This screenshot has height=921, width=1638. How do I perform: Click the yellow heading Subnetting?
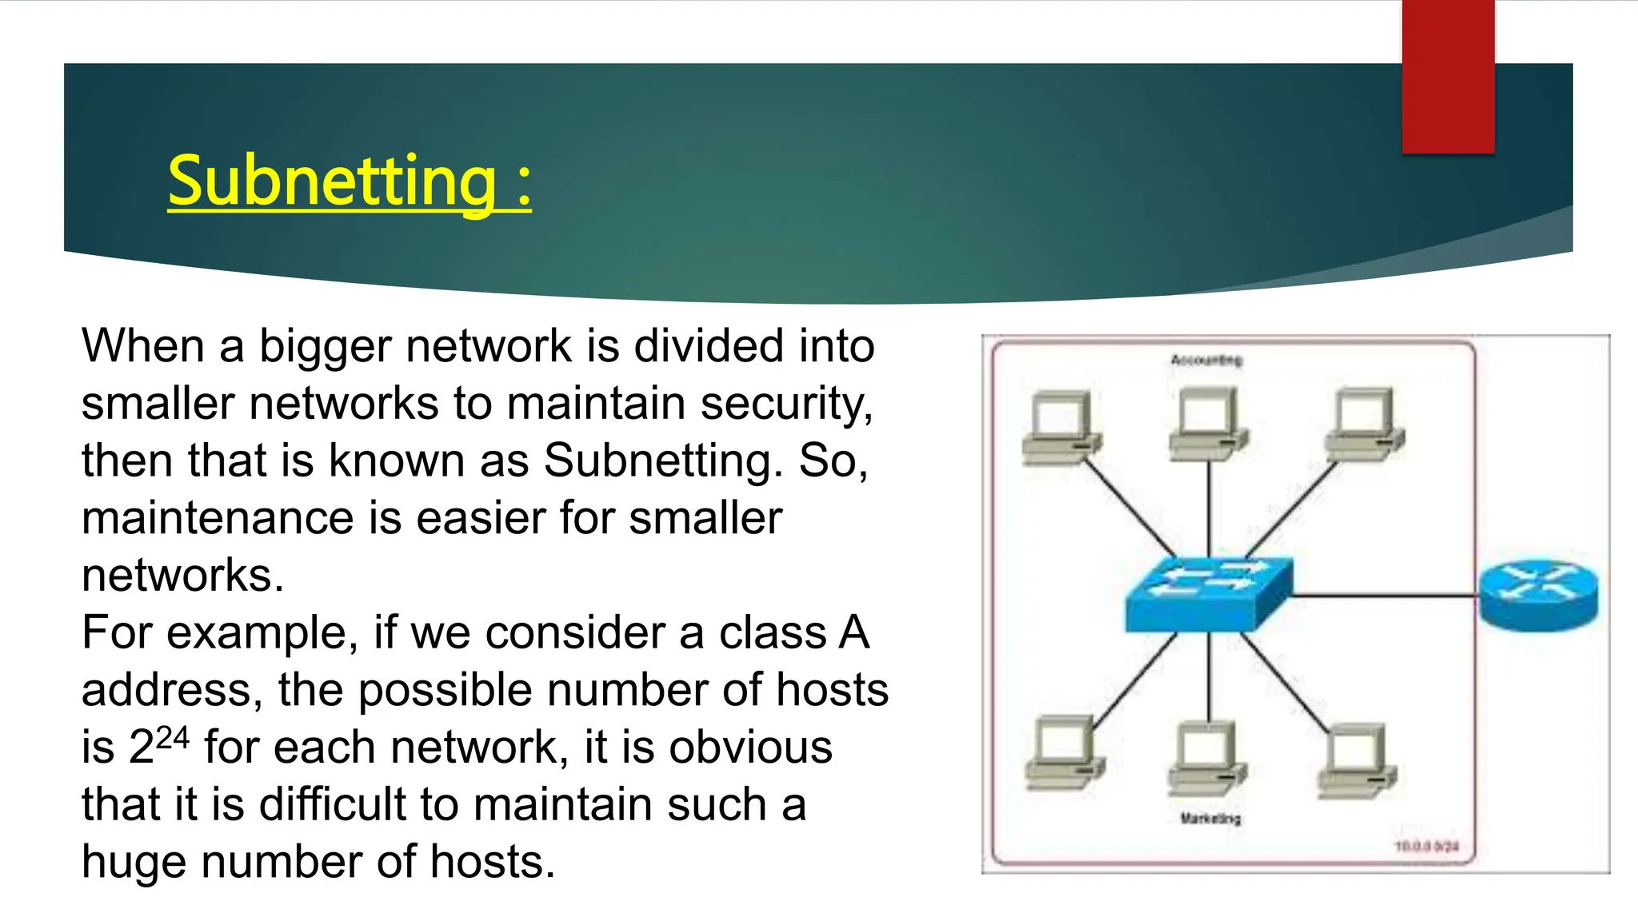349,181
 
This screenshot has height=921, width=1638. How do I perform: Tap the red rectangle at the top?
1448,76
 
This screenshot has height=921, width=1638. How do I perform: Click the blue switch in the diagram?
1209,594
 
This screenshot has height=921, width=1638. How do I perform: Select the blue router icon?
1538,595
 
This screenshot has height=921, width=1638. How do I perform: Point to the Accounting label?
1206,361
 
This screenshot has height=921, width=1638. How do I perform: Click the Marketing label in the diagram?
1210,819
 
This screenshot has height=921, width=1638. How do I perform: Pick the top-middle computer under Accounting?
1208,424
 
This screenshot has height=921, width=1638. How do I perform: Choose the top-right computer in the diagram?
1364,424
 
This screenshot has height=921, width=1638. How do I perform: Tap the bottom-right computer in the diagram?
1356,760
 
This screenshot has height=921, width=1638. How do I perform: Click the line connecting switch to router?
1384,596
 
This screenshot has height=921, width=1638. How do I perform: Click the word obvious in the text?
750,748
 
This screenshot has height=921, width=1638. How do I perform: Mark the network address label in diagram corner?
1427,846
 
